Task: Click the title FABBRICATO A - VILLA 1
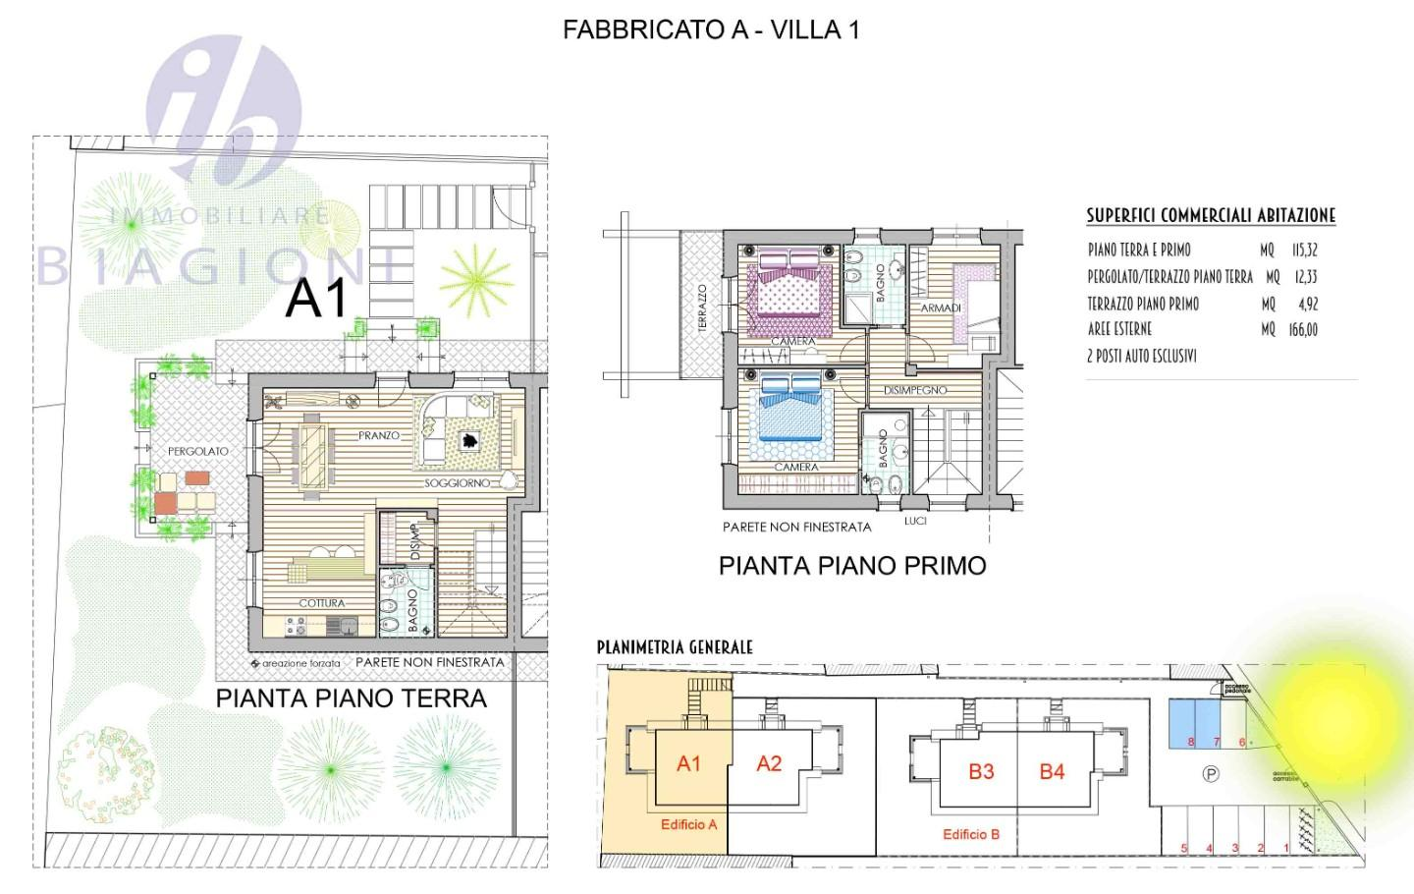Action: (711, 29)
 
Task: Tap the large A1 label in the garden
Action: (316, 298)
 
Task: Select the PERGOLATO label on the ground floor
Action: (197, 451)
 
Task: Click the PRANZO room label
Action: (379, 435)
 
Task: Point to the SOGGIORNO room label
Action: (458, 483)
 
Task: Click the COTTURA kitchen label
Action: (321, 603)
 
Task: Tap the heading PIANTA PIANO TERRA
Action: (352, 698)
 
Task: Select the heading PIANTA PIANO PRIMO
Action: (852, 566)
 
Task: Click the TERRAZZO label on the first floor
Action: (702, 308)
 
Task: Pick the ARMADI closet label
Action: (940, 308)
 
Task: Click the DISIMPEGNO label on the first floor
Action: (915, 390)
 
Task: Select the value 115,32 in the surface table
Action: (1304, 251)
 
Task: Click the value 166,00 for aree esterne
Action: (1303, 330)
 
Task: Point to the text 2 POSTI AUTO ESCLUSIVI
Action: (1141, 357)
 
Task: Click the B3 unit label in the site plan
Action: (981, 771)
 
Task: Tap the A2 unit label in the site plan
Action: (769, 763)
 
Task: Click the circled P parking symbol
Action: (1211, 774)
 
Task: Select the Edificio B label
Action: (970, 834)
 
